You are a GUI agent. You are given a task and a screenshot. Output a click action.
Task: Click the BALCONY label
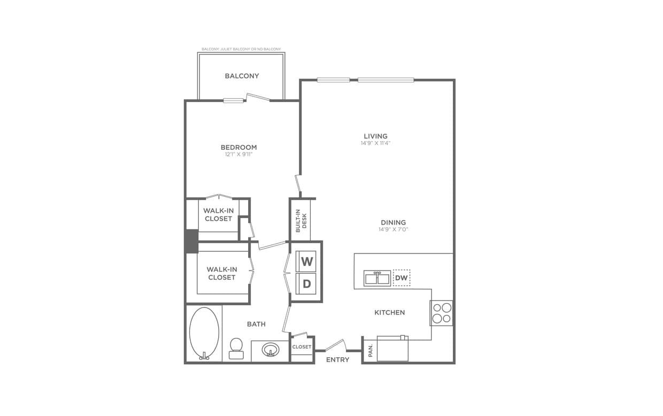(242, 76)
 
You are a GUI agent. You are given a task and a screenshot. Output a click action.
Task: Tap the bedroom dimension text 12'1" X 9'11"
(238, 155)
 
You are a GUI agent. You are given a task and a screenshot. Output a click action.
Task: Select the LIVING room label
(375, 136)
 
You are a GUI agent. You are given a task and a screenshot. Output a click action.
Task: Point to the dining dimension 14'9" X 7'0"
(393, 230)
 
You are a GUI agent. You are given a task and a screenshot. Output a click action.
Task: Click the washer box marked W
(307, 261)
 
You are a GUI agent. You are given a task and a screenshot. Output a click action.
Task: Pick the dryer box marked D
(307, 284)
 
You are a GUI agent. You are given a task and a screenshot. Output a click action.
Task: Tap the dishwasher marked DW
(402, 278)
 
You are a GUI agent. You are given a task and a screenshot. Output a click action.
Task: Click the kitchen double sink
(377, 278)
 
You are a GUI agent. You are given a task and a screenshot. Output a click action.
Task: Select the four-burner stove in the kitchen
(442, 313)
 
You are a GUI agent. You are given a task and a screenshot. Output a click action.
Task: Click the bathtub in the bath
(204, 333)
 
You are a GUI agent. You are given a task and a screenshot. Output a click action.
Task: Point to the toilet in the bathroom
(236, 348)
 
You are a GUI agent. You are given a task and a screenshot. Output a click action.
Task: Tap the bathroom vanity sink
(271, 350)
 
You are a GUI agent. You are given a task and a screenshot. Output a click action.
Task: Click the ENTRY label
(337, 360)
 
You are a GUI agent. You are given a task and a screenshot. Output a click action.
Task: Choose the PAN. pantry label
(370, 351)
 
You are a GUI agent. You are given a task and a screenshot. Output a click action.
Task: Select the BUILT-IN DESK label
(301, 220)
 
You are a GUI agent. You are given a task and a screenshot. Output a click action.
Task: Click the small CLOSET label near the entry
(302, 347)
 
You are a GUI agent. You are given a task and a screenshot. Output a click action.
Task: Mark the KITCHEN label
(389, 312)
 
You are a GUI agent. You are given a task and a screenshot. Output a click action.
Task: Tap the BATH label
(256, 324)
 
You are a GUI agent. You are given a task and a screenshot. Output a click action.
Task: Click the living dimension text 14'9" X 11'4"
(375, 143)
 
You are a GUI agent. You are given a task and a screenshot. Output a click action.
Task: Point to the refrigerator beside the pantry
(392, 349)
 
